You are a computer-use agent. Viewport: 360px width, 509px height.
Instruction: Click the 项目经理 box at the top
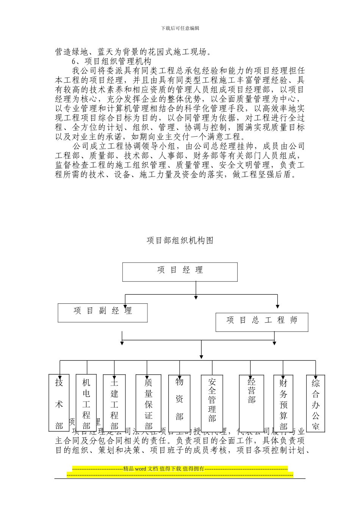pos(180,272)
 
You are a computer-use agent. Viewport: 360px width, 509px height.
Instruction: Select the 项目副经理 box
pos(103,312)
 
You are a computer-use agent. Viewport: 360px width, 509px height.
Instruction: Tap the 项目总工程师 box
pos(262,322)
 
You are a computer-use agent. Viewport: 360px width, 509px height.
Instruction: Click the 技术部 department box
pos(59,403)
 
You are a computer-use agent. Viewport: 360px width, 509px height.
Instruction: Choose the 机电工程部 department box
pos(86,403)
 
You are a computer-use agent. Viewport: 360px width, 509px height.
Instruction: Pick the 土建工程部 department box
pos(114,403)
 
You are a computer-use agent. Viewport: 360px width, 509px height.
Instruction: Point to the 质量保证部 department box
pos(149,403)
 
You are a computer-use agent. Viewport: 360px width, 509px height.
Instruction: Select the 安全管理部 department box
pos(212,403)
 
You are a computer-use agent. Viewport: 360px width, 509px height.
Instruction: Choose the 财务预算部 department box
pos(283,403)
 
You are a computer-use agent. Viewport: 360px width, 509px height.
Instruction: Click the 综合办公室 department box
pos(316,403)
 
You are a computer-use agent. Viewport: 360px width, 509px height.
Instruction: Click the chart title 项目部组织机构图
pos(180,240)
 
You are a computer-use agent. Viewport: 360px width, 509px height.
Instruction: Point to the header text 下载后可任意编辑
pos(180,28)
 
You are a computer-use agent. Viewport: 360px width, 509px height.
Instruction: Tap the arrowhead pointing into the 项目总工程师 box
pos(278,306)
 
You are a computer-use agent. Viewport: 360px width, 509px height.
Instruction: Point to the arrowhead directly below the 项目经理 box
pos(196,296)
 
